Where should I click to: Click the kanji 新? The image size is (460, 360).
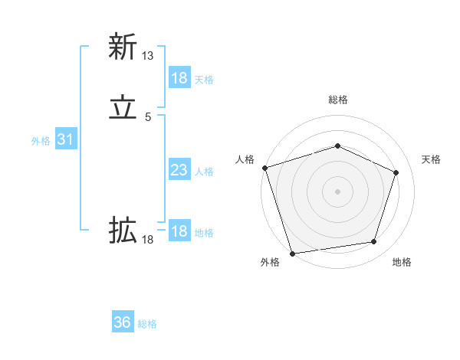(123, 47)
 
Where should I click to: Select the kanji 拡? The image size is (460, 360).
(123, 230)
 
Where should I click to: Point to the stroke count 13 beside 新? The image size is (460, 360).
(148, 56)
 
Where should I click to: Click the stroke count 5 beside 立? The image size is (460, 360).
(148, 117)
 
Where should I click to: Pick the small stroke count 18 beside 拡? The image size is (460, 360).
(148, 240)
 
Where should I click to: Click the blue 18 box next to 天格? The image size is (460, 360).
(179, 78)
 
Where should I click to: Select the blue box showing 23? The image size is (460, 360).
(179, 170)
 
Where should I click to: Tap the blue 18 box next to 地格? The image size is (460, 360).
(179, 231)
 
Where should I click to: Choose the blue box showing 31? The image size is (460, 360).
(65, 139)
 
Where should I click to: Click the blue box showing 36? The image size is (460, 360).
(123, 322)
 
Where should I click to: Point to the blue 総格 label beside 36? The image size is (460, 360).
(147, 324)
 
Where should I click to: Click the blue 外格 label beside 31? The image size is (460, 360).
(41, 141)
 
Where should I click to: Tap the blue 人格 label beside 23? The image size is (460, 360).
(204, 172)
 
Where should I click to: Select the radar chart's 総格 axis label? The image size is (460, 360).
(337, 100)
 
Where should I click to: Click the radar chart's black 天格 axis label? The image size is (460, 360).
(431, 159)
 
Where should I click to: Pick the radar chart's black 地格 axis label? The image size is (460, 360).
(402, 263)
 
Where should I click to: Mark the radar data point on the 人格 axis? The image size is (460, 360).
(264, 168)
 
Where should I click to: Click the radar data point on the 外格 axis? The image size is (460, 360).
(292, 252)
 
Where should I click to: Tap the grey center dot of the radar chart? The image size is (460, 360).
(337, 191)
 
